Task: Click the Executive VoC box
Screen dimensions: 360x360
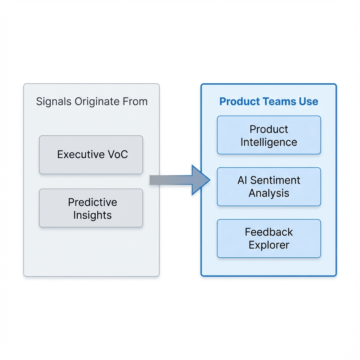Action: tap(91, 155)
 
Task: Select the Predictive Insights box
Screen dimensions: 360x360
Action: tap(91, 208)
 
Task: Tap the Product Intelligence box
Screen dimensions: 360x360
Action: tap(269, 135)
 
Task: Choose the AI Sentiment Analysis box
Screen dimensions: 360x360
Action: tap(269, 187)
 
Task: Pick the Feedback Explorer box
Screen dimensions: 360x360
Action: tap(269, 238)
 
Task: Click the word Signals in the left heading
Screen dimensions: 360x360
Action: tap(54, 102)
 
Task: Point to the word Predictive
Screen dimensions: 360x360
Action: tap(92, 202)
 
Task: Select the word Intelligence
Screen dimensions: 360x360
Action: tap(269, 142)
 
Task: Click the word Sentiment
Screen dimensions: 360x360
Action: tap(275, 180)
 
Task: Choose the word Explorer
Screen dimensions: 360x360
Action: tap(269, 245)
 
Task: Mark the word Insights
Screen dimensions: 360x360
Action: tap(92, 215)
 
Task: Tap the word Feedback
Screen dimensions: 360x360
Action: tap(269, 232)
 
